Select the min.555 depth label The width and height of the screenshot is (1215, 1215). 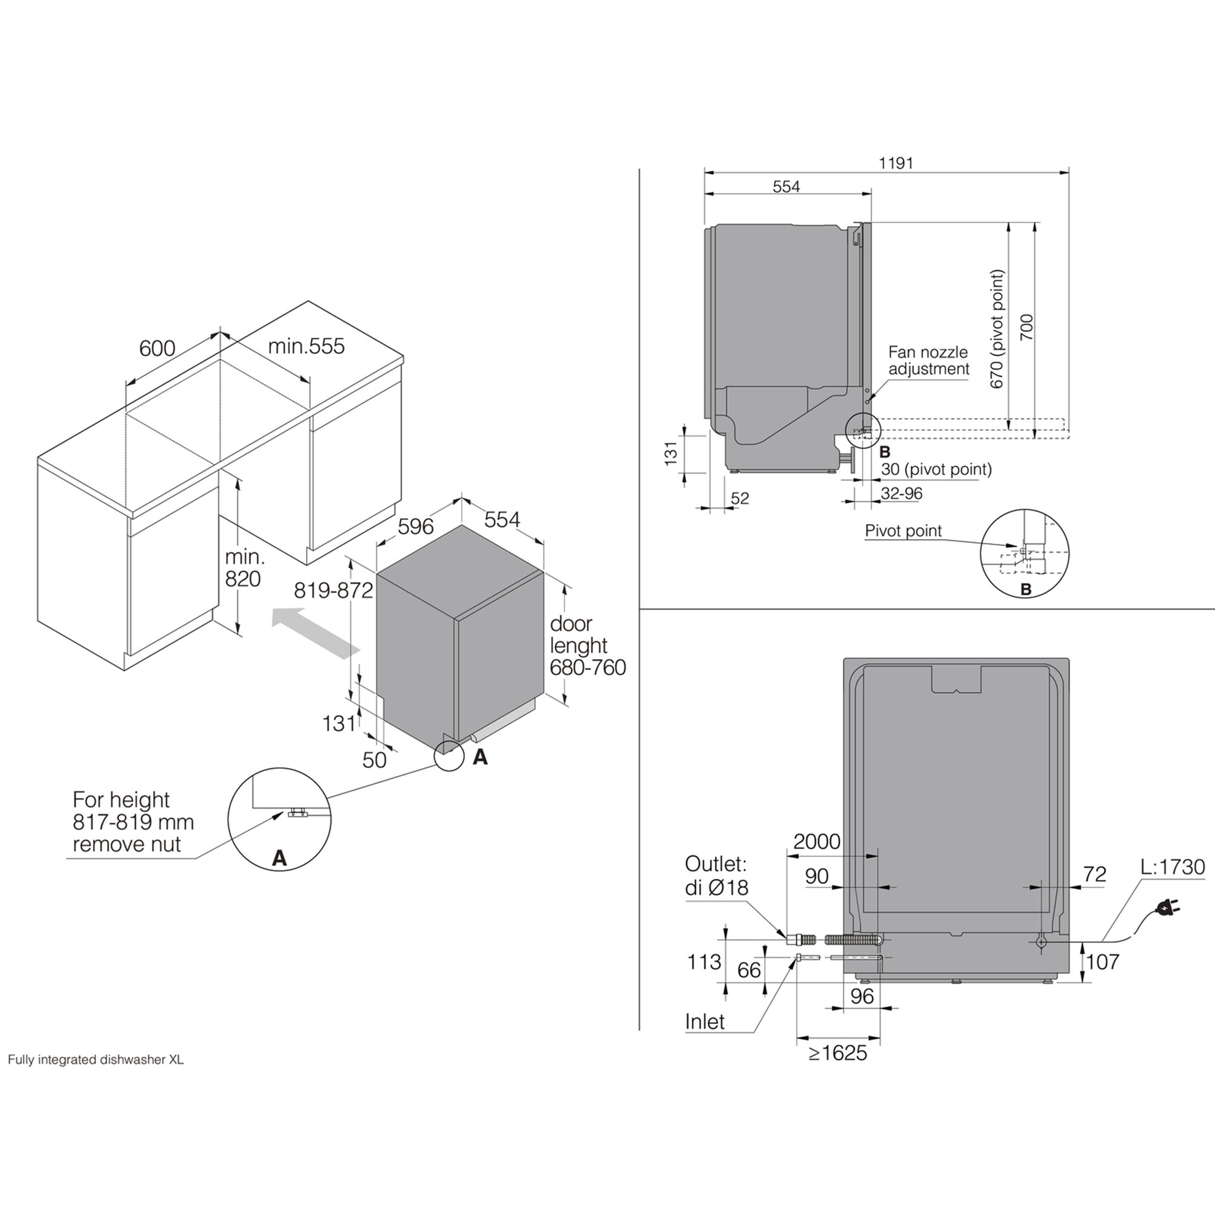tap(306, 346)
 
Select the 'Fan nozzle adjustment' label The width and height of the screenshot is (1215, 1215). tap(928, 360)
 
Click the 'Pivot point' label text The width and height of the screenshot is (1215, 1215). tap(903, 531)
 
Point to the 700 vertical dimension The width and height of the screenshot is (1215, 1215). tap(1026, 327)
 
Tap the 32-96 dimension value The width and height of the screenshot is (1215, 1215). tap(901, 494)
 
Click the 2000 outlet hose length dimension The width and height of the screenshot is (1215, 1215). tap(816, 841)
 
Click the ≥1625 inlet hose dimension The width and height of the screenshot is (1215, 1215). tap(837, 1053)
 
